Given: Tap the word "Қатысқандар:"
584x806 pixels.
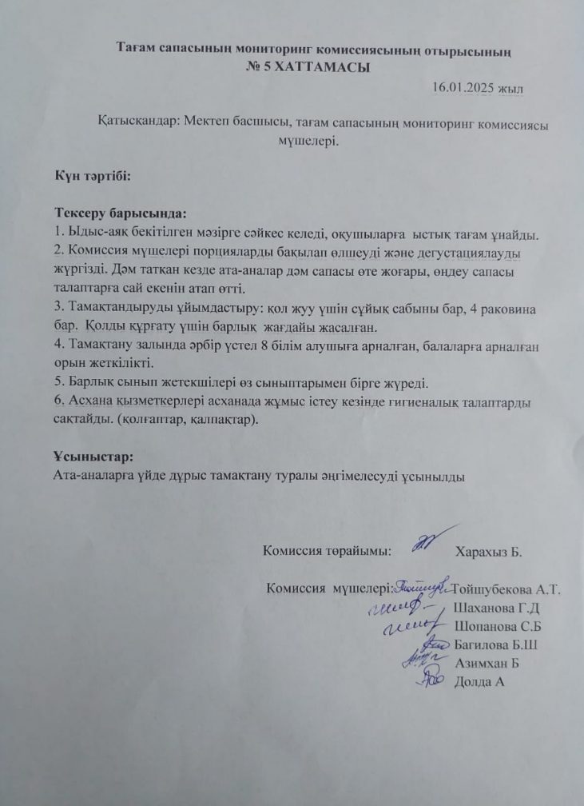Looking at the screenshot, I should pos(139,125).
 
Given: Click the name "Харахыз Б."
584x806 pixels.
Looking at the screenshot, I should pos(487,552).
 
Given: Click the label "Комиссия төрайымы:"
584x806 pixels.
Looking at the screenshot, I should pos(327,551).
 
